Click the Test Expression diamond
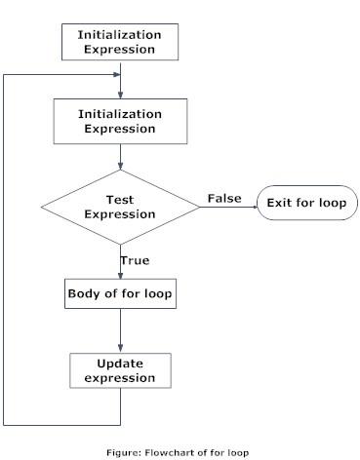pos(119,207)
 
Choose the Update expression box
pos(119,370)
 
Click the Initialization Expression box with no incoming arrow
pos(119,42)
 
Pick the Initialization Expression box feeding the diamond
pos(119,121)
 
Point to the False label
pos(223,199)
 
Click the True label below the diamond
pos(135,261)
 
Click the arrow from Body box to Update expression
pos(119,331)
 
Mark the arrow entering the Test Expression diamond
pos(119,158)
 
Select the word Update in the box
pos(119,364)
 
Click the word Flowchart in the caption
pos(177,452)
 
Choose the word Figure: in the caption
pos(137,452)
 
